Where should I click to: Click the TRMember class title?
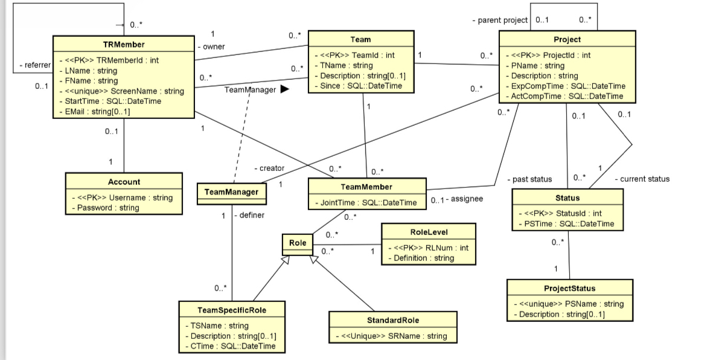point(123,44)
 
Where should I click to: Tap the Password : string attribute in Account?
point(106,208)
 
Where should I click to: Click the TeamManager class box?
point(232,192)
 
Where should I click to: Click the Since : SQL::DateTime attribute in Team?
point(361,86)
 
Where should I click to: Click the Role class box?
point(298,243)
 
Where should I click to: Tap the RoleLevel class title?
point(429,231)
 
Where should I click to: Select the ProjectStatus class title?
point(569,288)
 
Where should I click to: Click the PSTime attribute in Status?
point(569,224)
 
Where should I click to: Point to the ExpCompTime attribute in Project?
point(568,86)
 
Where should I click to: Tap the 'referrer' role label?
point(34,65)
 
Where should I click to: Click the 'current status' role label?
point(645,179)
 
